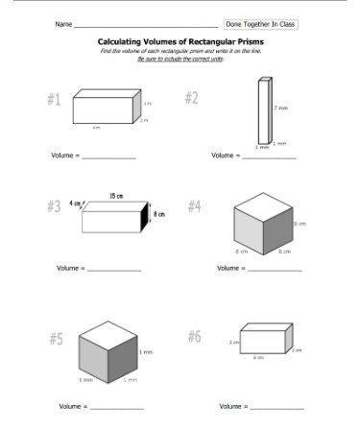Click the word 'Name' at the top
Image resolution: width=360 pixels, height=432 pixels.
63,23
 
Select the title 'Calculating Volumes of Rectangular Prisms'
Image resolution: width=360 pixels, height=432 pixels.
180,42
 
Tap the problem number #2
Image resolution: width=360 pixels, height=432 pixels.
190,99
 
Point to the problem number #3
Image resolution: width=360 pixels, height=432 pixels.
54,206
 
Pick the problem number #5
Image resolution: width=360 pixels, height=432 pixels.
56,339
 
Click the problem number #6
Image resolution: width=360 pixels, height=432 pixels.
194,336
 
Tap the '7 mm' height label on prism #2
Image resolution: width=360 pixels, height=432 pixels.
280,108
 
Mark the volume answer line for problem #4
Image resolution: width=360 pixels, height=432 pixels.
275,269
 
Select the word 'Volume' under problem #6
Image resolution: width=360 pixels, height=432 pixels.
229,407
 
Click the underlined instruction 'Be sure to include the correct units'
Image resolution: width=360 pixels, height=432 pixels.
180,59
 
